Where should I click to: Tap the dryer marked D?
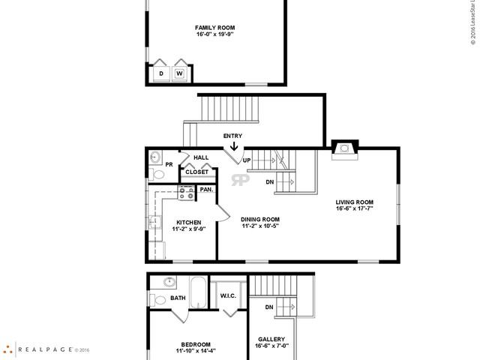pos(161,73)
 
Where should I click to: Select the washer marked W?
pos(180,73)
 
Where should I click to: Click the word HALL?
pos(201,157)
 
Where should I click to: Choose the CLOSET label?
pos(197,172)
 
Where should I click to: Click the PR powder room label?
pos(169,163)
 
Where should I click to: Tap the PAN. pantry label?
pos(206,190)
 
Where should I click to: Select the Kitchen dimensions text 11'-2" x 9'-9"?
pos(187,230)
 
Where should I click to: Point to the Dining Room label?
pos(259,219)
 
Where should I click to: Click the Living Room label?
pos(355,202)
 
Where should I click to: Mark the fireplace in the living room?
pos(345,148)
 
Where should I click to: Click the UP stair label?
pos(246,160)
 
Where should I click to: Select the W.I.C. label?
pos(229,296)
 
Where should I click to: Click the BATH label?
pos(178,298)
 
